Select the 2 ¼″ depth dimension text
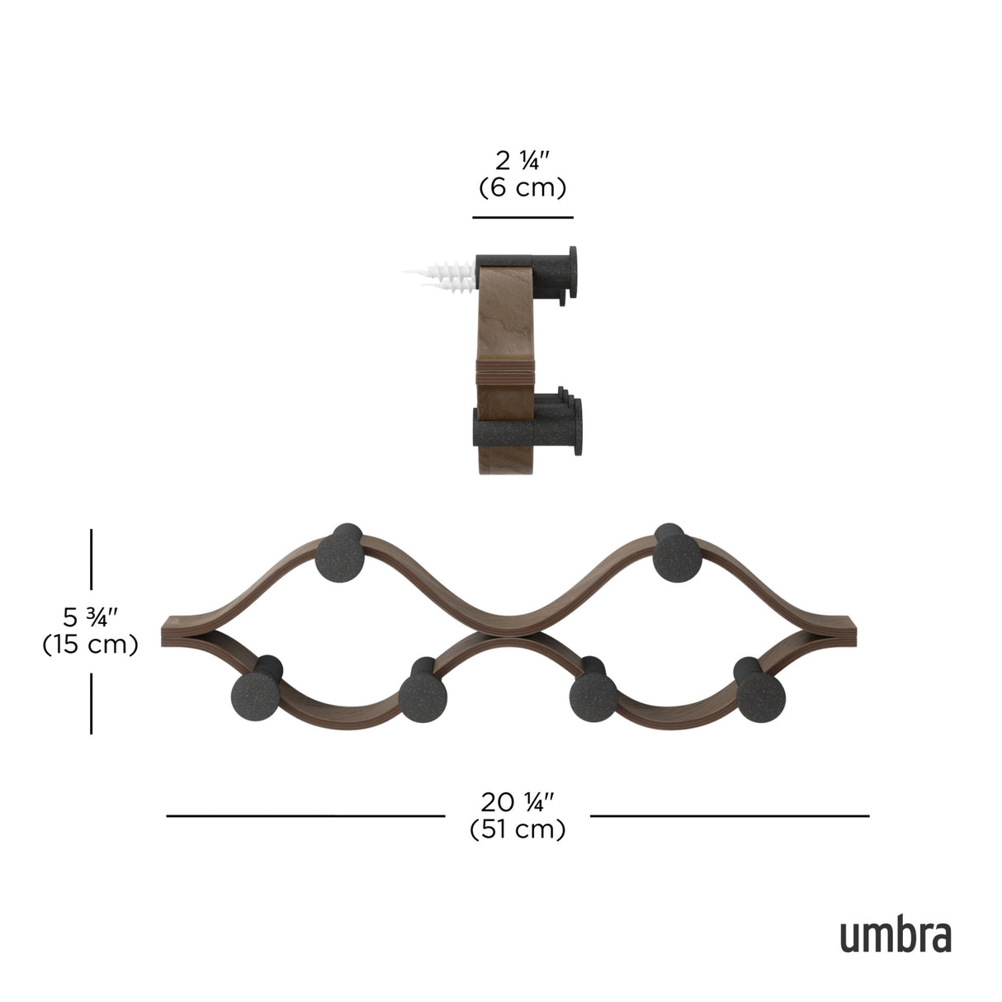(522, 159)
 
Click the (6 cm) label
(522, 188)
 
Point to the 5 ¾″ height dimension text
(91, 616)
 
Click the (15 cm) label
(90, 645)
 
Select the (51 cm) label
(518, 829)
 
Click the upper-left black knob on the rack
(338, 555)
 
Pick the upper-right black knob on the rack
(677, 555)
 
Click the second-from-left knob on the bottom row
(422, 694)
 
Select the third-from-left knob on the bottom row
(593, 694)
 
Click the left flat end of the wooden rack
(175, 631)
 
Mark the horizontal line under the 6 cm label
(522, 218)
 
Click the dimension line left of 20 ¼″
(305, 816)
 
